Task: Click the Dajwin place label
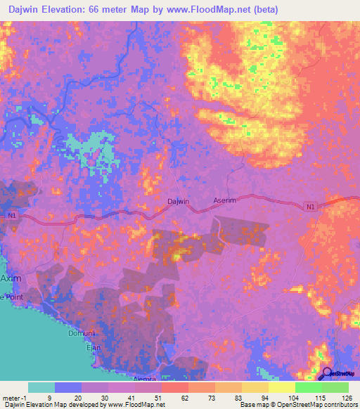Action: [179, 202]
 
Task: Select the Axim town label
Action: [11, 278]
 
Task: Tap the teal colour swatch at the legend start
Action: [41, 387]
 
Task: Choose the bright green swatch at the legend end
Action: [335, 387]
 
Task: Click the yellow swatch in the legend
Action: [282, 387]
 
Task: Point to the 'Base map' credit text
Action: [255, 405]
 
